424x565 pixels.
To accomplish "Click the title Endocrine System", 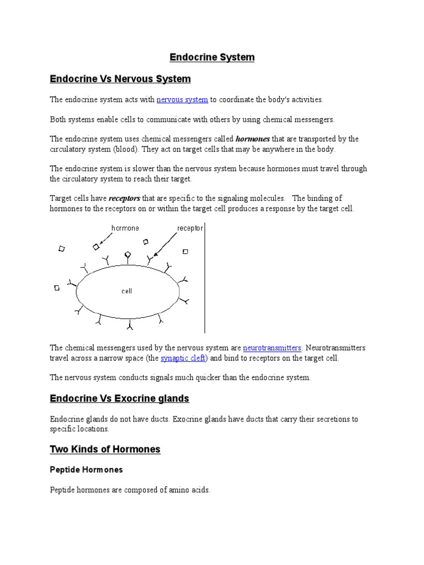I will [x=211, y=57].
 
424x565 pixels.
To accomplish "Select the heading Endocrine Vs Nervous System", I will [x=120, y=79].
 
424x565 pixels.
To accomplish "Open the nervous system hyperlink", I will [x=182, y=100].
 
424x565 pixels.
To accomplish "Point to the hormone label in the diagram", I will [x=125, y=228].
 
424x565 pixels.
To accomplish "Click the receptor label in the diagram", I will [x=190, y=228].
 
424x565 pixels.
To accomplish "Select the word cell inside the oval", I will [x=127, y=291].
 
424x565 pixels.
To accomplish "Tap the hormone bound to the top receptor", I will [x=128, y=254].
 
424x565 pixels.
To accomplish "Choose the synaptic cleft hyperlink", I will [x=183, y=358].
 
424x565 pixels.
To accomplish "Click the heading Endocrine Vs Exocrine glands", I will [x=119, y=398].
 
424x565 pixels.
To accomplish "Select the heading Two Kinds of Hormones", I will [x=105, y=449].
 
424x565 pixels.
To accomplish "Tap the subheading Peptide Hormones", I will [x=86, y=470].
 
